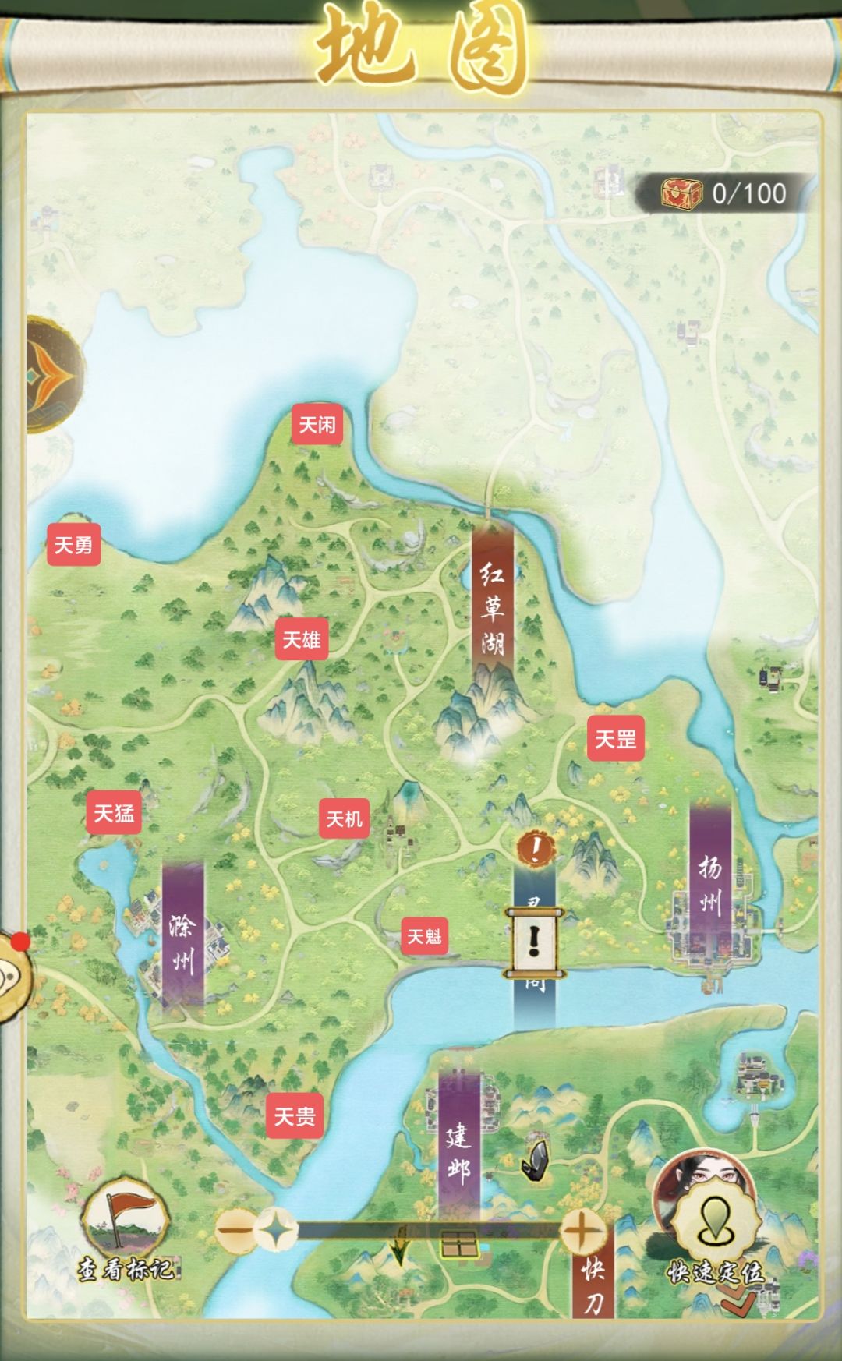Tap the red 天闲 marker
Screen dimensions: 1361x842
point(317,425)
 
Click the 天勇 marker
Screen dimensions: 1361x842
point(73,544)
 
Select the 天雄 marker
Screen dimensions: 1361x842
point(301,640)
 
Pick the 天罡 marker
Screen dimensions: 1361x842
point(615,738)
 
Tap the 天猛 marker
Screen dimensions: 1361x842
point(114,814)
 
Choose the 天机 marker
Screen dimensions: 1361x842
point(344,818)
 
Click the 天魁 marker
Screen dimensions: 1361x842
point(424,935)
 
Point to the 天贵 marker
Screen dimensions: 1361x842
point(294,1116)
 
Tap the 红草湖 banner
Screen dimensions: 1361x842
point(492,608)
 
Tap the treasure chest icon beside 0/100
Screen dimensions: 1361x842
point(681,193)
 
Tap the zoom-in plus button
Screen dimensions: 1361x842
point(580,1232)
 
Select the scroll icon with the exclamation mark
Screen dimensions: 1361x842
point(534,942)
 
